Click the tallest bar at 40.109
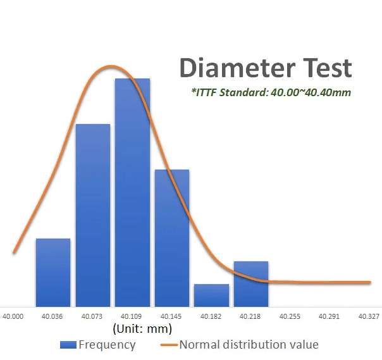132,192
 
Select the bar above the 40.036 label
53,273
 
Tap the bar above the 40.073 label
93,215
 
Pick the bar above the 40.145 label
172,238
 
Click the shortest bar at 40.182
211,295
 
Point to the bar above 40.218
251,284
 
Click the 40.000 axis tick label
13,316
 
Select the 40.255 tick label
290,316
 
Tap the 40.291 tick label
329,316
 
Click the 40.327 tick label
369,316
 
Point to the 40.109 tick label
131,316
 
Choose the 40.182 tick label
211,316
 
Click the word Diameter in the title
237,68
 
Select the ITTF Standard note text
271,92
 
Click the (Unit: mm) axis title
142,329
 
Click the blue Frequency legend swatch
68,345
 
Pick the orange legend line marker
169,345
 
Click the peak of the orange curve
111,66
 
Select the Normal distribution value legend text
249,345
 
